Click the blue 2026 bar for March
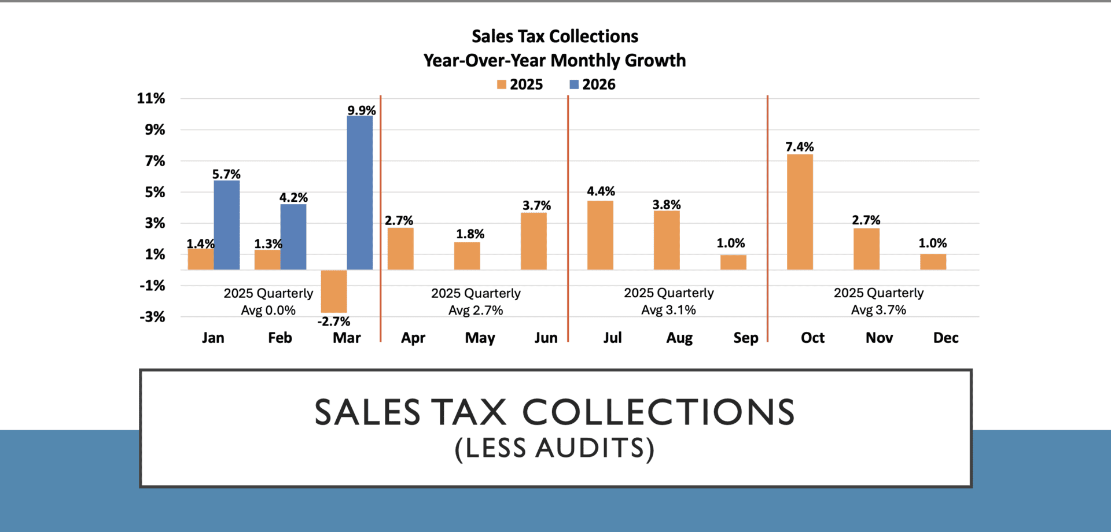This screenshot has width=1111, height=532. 359,193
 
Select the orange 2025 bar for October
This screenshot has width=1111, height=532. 800,212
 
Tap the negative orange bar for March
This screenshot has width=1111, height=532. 334,291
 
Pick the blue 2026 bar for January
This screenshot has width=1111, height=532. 226,225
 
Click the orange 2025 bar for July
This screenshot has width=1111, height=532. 600,235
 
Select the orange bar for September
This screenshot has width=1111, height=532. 733,262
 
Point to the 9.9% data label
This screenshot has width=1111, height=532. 361,110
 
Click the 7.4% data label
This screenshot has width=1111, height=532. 799,147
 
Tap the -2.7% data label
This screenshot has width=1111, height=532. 334,322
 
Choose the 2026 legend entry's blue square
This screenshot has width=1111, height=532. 574,84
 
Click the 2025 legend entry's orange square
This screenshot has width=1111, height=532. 502,84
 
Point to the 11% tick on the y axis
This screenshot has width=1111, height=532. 151,98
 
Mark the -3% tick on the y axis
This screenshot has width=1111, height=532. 152,316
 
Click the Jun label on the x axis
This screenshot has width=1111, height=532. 546,338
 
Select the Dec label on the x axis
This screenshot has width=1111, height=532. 946,338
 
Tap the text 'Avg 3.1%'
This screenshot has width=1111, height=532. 668,310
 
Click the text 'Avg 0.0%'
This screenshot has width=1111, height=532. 268,311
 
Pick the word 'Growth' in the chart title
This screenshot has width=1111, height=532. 655,60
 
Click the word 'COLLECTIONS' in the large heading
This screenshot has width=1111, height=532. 658,412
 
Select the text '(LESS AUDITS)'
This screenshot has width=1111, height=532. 554,448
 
